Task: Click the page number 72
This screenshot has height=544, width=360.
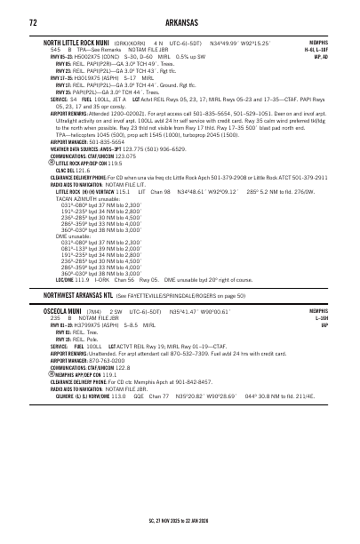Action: pos(33,21)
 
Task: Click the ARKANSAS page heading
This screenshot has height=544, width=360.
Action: pos(180,21)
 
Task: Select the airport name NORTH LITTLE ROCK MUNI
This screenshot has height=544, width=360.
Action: pos(70,42)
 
